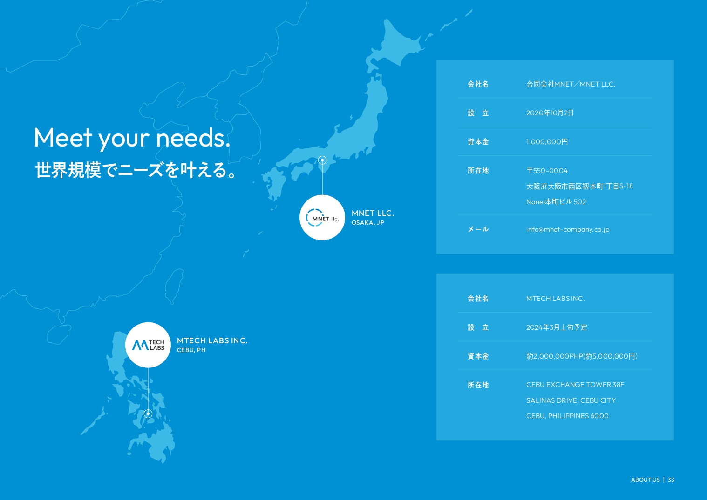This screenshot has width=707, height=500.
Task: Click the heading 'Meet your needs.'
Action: [x=132, y=138]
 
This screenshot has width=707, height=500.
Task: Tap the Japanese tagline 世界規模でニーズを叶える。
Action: [x=135, y=170]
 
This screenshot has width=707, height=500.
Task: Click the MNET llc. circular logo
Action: [x=322, y=218]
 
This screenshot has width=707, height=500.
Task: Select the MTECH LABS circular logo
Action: [x=148, y=345]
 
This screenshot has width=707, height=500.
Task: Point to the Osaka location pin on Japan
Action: [x=322, y=160]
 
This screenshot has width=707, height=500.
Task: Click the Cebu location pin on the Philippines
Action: [x=148, y=413]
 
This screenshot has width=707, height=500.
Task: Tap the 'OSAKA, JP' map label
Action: [x=367, y=223]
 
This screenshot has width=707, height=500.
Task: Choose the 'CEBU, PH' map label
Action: [x=191, y=350]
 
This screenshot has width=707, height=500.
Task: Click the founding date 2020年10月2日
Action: [x=550, y=113]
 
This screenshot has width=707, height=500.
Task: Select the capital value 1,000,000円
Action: [x=547, y=142]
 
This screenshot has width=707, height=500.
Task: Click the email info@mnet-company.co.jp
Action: [x=568, y=229]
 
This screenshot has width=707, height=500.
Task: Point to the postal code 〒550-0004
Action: [x=547, y=171]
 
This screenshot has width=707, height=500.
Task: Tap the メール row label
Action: [x=478, y=229]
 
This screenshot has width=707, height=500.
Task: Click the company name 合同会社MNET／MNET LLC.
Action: [x=571, y=84]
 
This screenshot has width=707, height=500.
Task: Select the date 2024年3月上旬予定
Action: [x=557, y=327]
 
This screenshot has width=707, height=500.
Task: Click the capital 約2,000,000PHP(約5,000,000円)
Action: [x=582, y=356]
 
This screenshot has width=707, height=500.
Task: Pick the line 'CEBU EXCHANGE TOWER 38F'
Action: [x=575, y=385]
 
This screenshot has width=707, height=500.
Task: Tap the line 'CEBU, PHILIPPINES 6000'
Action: [x=567, y=416]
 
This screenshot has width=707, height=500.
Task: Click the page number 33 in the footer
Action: [x=671, y=480]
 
